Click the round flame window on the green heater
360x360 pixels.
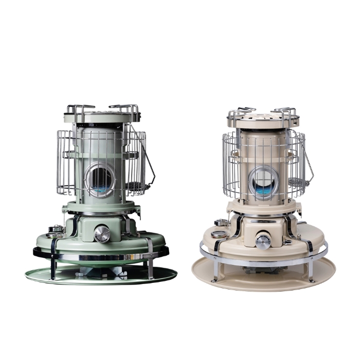pyautogui.click(x=101, y=178)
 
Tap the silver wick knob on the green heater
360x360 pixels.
pyautogui.click(x=102, y=234)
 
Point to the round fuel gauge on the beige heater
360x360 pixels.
pyautogui.click(x=218, y=235)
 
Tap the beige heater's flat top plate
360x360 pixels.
pyautogui.click(x=263, y=119)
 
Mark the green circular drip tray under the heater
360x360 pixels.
pyautogui.click(x=101, y=275)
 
